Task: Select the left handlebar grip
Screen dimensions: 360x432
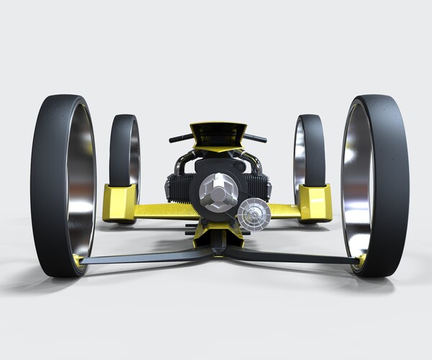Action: (180, 138)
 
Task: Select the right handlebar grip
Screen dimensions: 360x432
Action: (256, 138)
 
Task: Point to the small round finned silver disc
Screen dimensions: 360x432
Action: (253, 213)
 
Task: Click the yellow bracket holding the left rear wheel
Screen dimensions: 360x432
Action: (119, 202)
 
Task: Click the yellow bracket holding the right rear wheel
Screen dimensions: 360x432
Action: (315, 202)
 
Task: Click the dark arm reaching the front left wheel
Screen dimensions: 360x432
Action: (144, 257)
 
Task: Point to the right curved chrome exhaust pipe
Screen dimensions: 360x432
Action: (248, 162)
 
